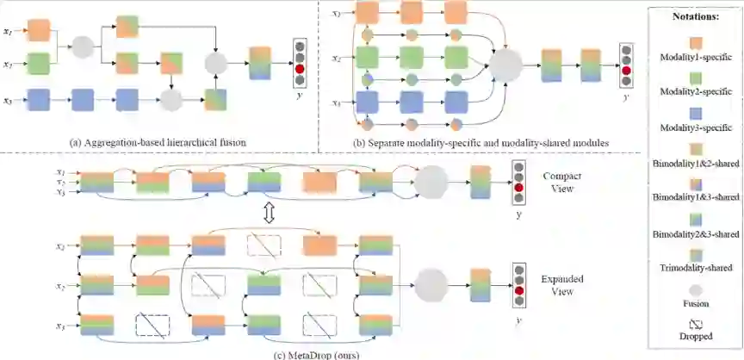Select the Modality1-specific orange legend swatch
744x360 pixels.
point(694,42)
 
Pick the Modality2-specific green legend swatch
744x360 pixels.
point(694,78)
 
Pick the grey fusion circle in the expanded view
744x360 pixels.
point(431,282)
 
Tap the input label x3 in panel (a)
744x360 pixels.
point(9,101)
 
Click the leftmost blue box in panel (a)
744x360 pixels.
point(39,101)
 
